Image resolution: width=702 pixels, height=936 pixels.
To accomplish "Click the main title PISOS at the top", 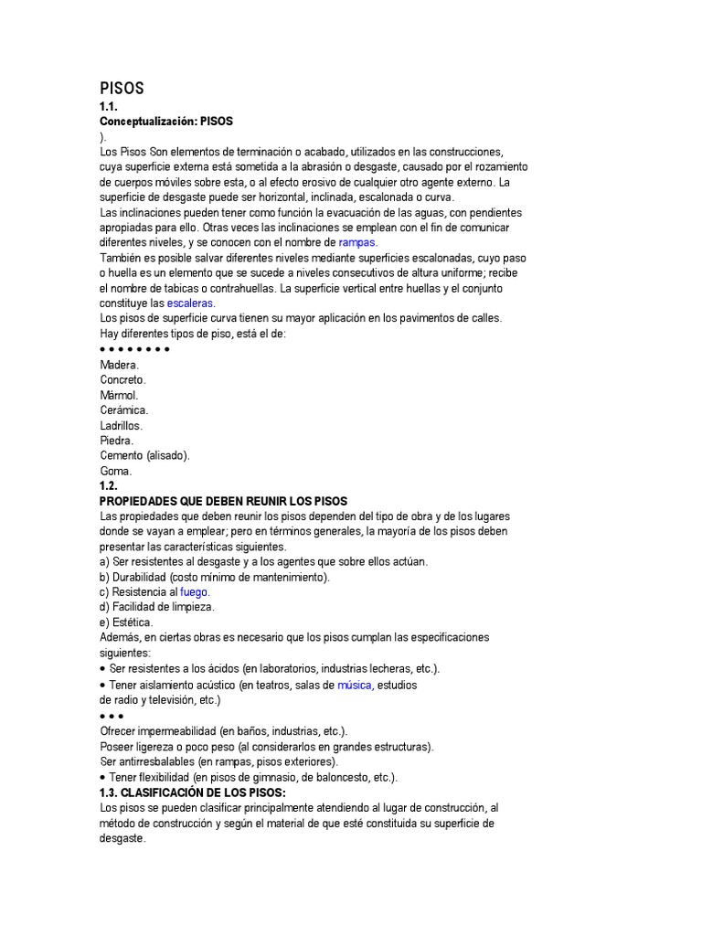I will pos(122,89).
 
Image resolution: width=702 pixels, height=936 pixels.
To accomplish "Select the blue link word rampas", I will pos(357,242).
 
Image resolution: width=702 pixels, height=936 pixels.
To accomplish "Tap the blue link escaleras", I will pos(190,303).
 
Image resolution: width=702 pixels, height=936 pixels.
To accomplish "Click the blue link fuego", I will pos(195,591).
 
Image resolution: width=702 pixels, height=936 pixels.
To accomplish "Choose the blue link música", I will pos(354,685).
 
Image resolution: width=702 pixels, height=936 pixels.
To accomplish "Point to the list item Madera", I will pos(120,365).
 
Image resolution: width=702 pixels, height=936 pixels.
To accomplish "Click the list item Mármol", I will pos(119,395).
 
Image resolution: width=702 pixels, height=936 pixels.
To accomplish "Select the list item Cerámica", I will pos(123,410).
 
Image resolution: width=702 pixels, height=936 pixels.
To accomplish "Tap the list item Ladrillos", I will pos(122,425).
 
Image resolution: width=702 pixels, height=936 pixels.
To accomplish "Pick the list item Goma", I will pos(116,471).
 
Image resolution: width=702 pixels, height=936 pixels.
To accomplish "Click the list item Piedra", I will pos(118,441).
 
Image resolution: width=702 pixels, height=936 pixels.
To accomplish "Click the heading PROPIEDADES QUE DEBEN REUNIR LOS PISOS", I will pos(223,501).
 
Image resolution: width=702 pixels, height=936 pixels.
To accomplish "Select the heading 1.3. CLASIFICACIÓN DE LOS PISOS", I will pos(193,792).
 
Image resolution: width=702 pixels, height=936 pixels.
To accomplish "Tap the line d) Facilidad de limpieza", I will pos(157,606).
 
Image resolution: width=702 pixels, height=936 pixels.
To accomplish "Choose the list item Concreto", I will pos(122,379).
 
